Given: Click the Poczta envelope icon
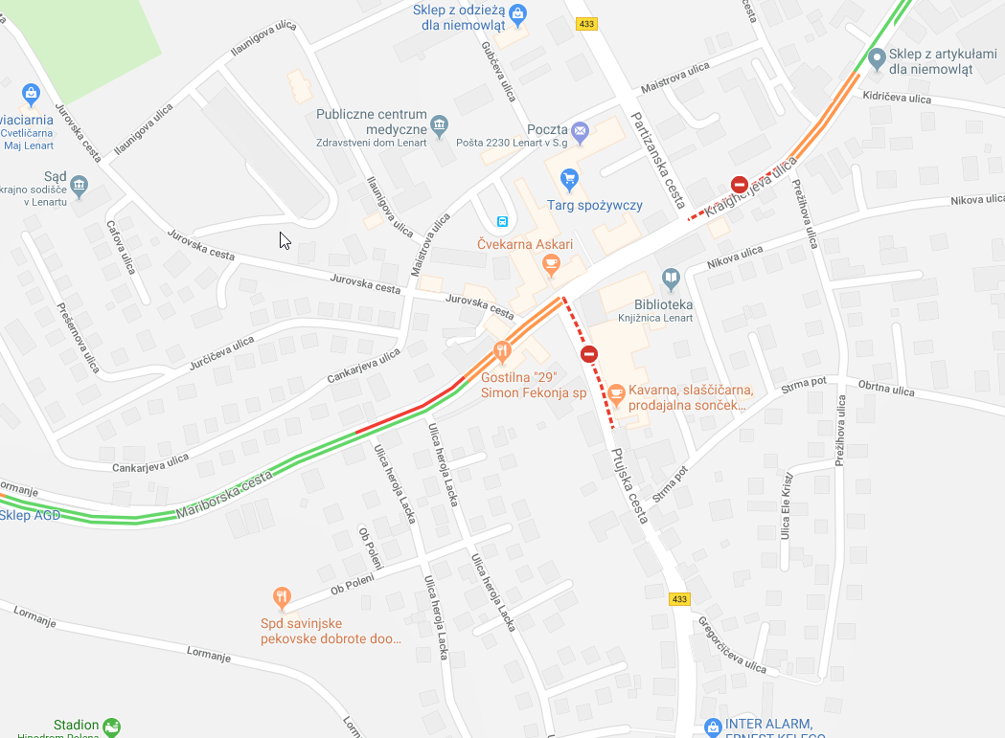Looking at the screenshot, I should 580,130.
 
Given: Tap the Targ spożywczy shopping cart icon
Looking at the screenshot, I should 570,178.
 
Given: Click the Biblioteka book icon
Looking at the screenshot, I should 672,279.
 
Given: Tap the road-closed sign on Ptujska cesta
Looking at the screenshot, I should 589,354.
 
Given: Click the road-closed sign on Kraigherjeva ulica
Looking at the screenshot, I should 739,184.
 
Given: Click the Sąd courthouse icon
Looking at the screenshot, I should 80,184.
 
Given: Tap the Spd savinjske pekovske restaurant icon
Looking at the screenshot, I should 281,599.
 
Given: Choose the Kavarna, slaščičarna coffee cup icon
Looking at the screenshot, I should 617,391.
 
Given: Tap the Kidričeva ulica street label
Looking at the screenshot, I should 897,98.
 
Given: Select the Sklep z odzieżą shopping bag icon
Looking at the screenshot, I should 518,12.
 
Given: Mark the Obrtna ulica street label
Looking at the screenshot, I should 887,386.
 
